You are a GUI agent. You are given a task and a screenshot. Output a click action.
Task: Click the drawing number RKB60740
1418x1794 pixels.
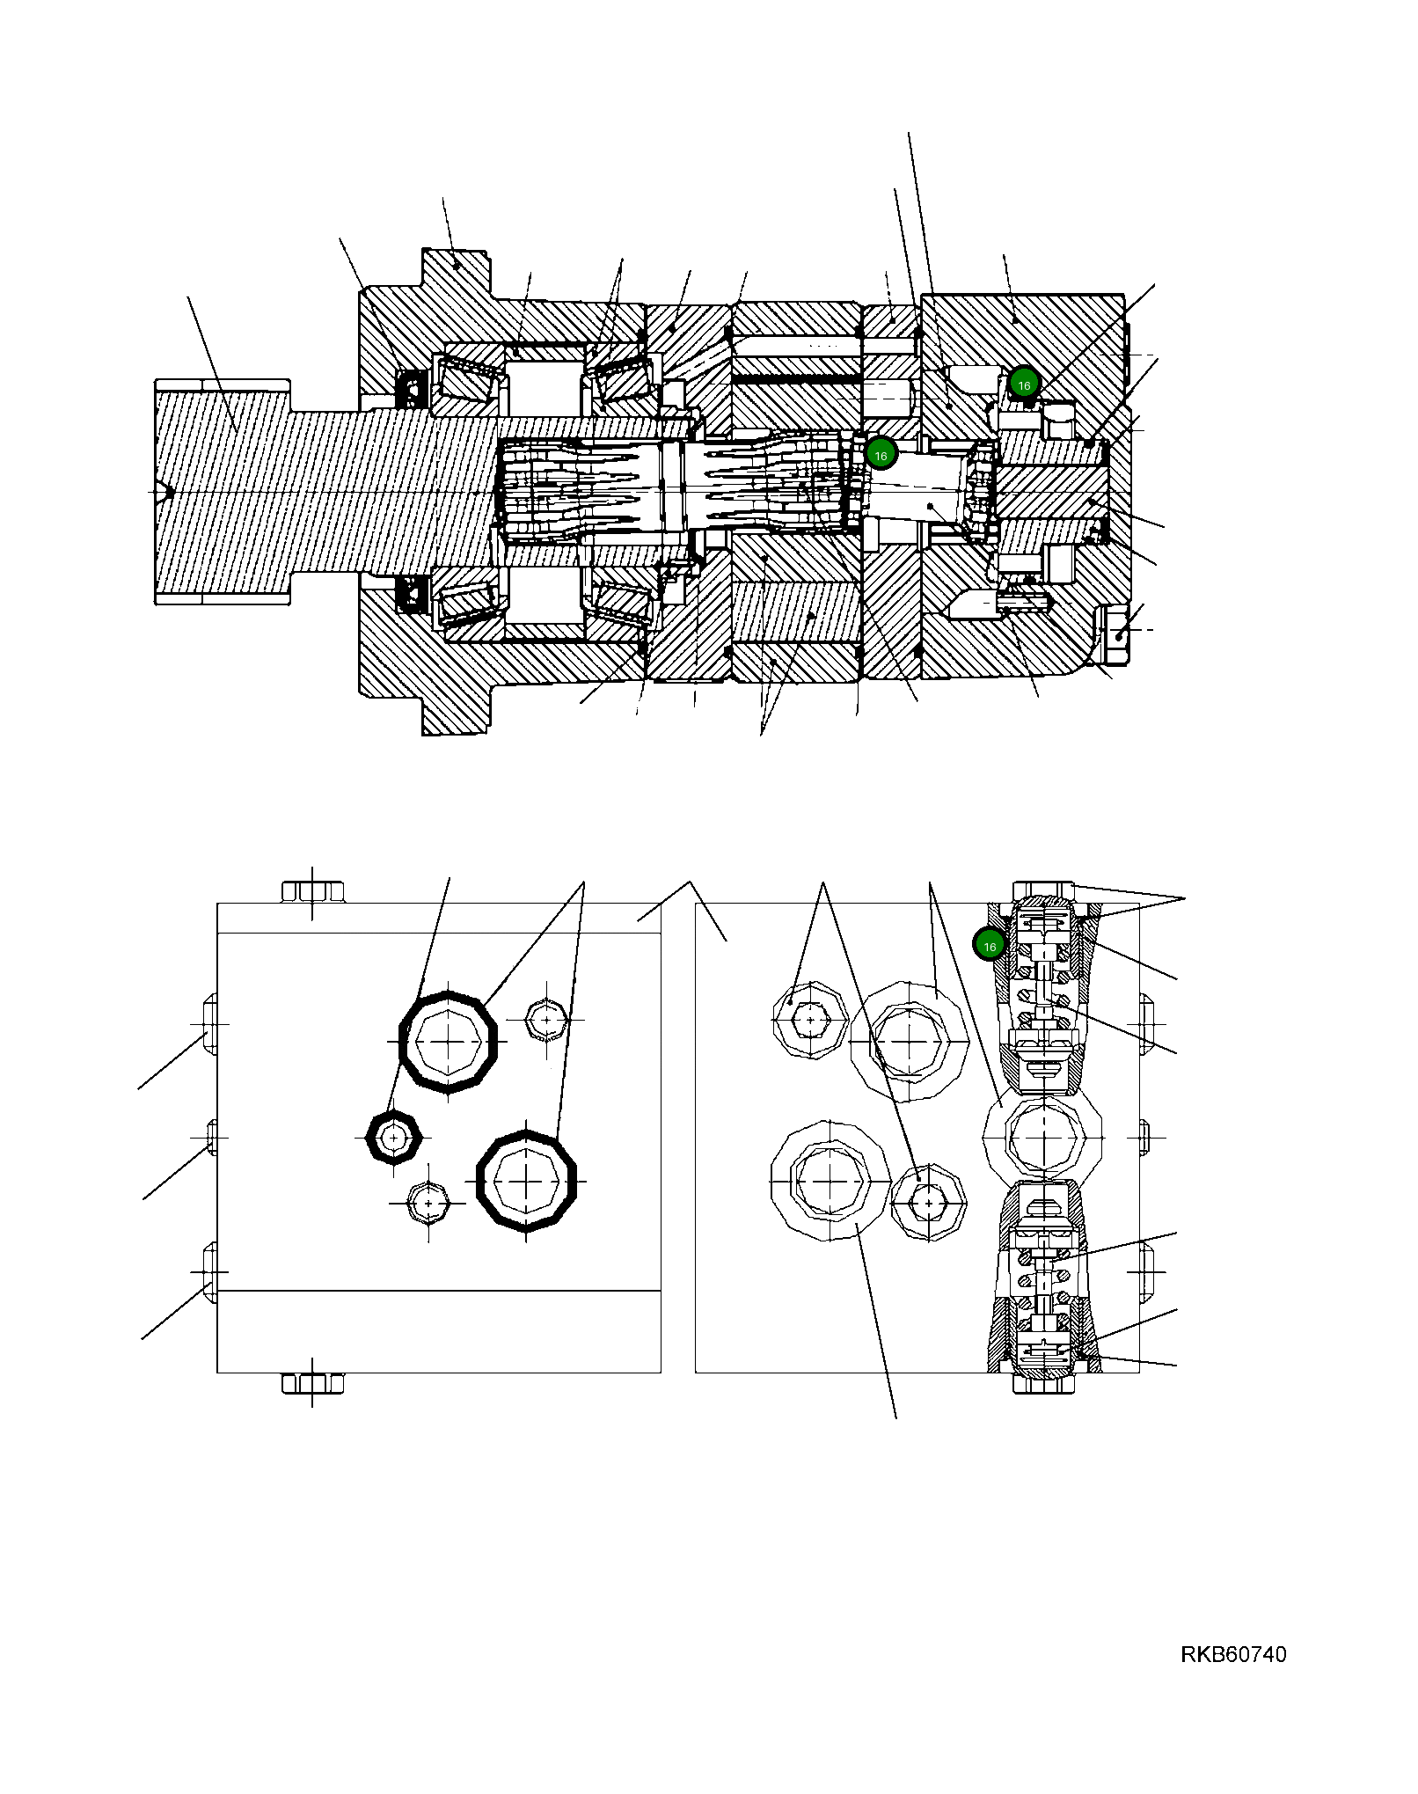click(1232, 1654)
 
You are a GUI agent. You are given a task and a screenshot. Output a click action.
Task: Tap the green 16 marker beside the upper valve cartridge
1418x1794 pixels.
click(990, 946)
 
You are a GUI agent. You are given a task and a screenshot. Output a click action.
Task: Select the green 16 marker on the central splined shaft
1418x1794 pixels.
click(881, 455)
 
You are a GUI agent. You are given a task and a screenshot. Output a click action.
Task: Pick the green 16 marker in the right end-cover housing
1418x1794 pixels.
click(1024, 385)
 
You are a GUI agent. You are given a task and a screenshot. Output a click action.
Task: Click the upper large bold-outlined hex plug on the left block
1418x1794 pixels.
click(448, 1041)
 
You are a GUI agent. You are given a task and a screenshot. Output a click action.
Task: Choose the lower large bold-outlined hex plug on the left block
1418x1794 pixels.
click(526, 1181)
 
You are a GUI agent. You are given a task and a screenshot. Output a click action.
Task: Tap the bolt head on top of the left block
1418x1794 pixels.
click(312, 891)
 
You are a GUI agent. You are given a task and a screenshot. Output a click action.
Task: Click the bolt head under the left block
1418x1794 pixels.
click(312, 1382)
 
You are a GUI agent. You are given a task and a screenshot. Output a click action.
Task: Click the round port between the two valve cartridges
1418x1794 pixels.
click(1042, 1138)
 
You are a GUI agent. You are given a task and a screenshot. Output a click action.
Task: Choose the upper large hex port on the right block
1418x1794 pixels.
click(909, 1041)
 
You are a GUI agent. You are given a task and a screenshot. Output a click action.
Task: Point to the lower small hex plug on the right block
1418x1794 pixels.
click(929, 1201)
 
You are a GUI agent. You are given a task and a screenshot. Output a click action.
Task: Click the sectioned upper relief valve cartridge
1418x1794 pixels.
click(1043, 990)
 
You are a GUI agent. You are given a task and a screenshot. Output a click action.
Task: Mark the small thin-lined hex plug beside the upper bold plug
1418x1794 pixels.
click(546, 1020)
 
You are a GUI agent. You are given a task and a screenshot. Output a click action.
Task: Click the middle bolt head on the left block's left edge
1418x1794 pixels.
click(211, 1137)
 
